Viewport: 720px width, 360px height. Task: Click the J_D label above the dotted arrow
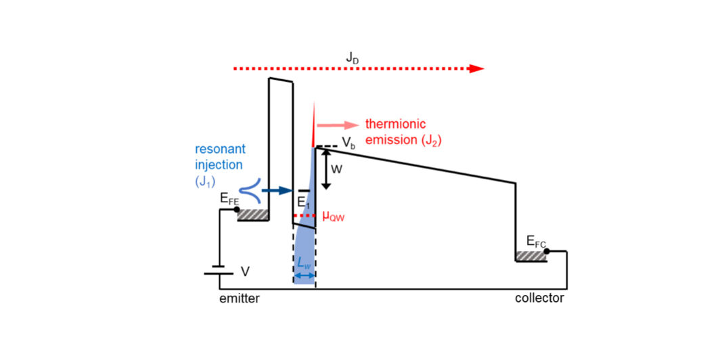353,58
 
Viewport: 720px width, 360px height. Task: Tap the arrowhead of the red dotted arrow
477,68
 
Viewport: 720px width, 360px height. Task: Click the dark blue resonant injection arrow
275,191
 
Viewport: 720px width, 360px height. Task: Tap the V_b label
348,143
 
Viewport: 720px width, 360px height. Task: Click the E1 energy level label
302,202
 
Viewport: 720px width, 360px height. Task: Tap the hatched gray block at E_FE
253,215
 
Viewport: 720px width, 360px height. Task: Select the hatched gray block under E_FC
531,256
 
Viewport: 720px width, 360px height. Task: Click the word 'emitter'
239,298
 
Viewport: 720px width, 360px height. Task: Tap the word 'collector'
539,298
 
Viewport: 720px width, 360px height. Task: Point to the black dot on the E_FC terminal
547,251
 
